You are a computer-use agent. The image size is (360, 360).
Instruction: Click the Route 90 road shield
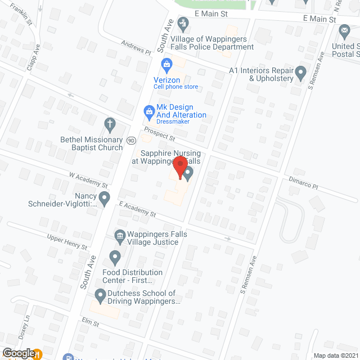click(130, 139)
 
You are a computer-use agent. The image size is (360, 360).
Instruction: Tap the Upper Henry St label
click(67, 242)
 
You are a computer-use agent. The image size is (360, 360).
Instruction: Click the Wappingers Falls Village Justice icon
click(120, 236)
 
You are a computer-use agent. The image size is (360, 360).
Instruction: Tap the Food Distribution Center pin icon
click(115, 258)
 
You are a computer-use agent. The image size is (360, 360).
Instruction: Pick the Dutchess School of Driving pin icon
click(100, 294)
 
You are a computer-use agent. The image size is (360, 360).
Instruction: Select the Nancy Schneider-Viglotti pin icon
click(104, 197)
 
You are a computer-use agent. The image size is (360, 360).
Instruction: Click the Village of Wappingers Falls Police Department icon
click(182, 24)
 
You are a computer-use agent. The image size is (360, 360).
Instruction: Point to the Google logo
click(19, 353)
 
